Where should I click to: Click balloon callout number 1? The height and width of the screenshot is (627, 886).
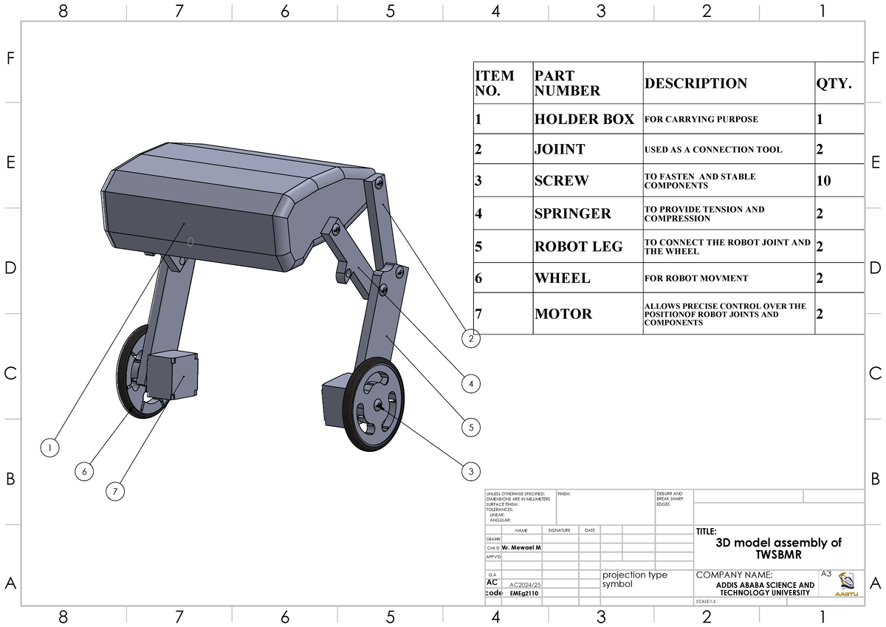tap(49, 447)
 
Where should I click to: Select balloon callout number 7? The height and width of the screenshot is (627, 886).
tap(115, 491)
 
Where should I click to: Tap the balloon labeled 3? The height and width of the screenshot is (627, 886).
tap(470, 470)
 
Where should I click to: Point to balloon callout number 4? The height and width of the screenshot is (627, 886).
tap(470, 383)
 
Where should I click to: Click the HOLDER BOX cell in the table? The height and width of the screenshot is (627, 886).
tap(584, 119)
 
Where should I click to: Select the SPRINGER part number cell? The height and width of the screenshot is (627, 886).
tap(573, 213)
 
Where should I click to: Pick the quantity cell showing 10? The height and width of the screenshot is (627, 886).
tap(824, 180)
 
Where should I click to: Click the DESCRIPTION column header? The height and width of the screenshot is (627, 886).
tap(696, 83)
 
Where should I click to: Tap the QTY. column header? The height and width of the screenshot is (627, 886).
tap(834, 83)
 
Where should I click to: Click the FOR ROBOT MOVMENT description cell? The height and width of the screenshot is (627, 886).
tap(696, 278)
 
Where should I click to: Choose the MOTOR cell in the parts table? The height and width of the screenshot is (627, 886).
tap(563, 314)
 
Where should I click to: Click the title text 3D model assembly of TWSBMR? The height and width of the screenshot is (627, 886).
tap(778, 548)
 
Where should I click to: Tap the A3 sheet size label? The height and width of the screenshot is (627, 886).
tap(826, 574)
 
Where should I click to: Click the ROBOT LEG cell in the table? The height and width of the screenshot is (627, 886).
tap(578, 247)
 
